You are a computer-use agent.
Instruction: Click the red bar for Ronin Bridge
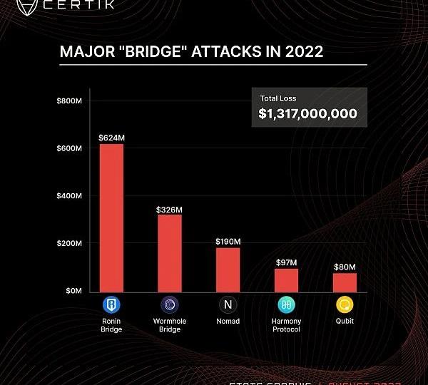tap(111, 217)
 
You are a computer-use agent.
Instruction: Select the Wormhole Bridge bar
tap(170, 253)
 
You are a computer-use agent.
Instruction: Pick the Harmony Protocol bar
tap(287, 279)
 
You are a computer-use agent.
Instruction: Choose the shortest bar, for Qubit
tap(345, 282)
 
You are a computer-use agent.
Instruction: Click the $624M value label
tap(111, 137)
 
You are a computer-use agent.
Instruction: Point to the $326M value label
tap(170, 210)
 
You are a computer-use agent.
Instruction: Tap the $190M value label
tap(228, 242)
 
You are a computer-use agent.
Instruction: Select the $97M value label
tap(287, 262)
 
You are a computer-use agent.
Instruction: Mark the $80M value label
tap(345, 267)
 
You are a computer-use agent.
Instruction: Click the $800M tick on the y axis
tap(69, 101)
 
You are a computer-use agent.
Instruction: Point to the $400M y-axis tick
tap(69, 196)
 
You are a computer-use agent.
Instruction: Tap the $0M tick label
tap(73, 291)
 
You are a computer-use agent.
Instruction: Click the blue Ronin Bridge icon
tap(111, 306)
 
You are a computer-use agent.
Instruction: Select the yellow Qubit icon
tap(345, 306)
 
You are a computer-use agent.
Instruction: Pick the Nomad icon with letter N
tap(228, 306)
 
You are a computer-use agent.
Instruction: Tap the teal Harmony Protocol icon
tap(287, 306)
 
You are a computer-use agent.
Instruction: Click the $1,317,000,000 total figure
tap(308, 113)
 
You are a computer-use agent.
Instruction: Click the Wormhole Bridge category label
tap(170, 325)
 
